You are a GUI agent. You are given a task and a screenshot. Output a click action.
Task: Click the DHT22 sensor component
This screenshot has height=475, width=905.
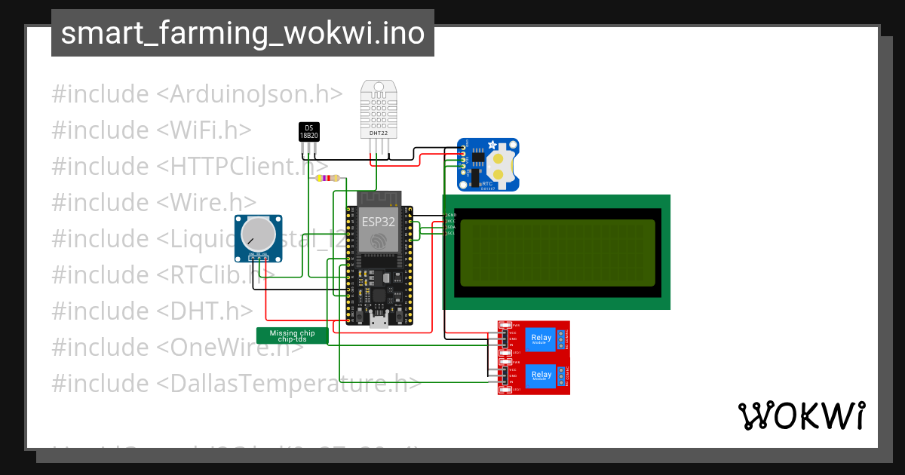[379, 110]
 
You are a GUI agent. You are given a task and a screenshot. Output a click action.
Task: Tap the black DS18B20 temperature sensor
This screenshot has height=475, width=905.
[308, 132]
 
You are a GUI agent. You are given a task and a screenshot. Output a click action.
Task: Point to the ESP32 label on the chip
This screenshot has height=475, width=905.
[378, 222]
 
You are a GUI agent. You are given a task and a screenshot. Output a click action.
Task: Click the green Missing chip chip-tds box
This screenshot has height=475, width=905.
[293, 336]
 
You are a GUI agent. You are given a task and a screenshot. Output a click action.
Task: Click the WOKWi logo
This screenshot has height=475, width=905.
[801, 415]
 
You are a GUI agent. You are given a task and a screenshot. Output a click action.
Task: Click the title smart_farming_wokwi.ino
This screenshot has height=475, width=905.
[242, 33]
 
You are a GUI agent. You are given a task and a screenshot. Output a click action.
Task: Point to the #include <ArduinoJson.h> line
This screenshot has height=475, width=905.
[198, 94]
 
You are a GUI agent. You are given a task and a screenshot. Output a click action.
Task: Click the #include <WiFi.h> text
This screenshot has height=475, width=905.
[152, 130]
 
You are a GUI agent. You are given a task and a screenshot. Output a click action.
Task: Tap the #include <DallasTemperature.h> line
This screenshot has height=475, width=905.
[236, 383]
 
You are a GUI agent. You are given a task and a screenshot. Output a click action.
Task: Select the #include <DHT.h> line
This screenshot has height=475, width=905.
[152, 311]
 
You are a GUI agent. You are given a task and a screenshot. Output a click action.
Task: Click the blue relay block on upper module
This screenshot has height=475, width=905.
[541, 339]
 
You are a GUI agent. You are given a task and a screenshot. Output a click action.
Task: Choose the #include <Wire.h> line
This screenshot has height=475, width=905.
[154, 202]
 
